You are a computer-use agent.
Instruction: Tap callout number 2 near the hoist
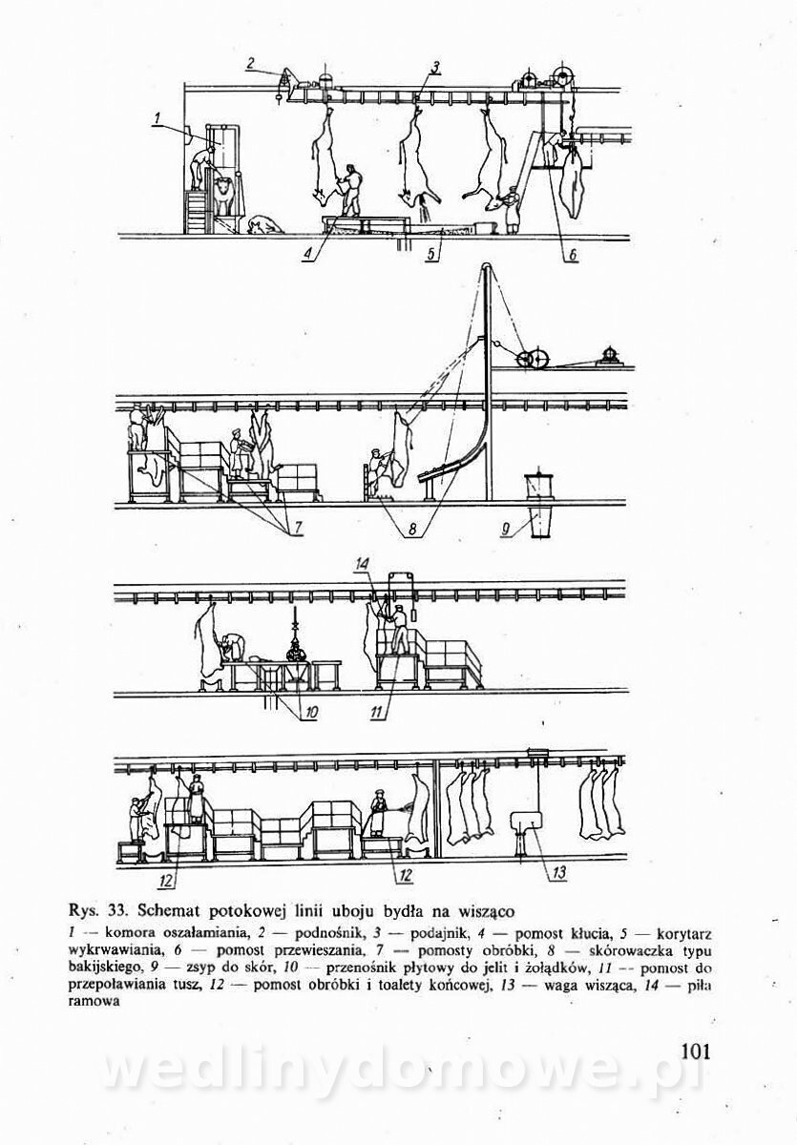coord(249,64)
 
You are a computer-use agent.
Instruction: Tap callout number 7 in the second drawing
coord(296,528)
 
